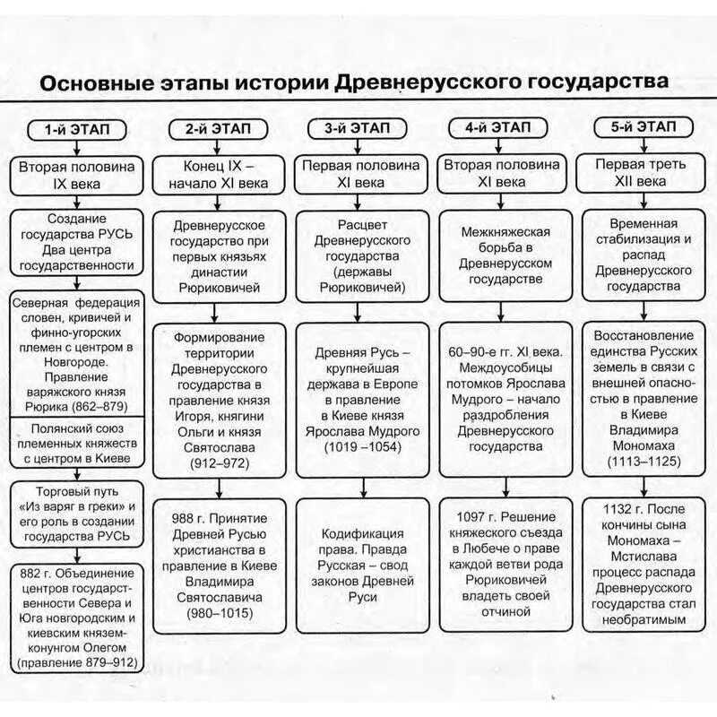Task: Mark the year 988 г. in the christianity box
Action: click(x=189, y=517)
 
